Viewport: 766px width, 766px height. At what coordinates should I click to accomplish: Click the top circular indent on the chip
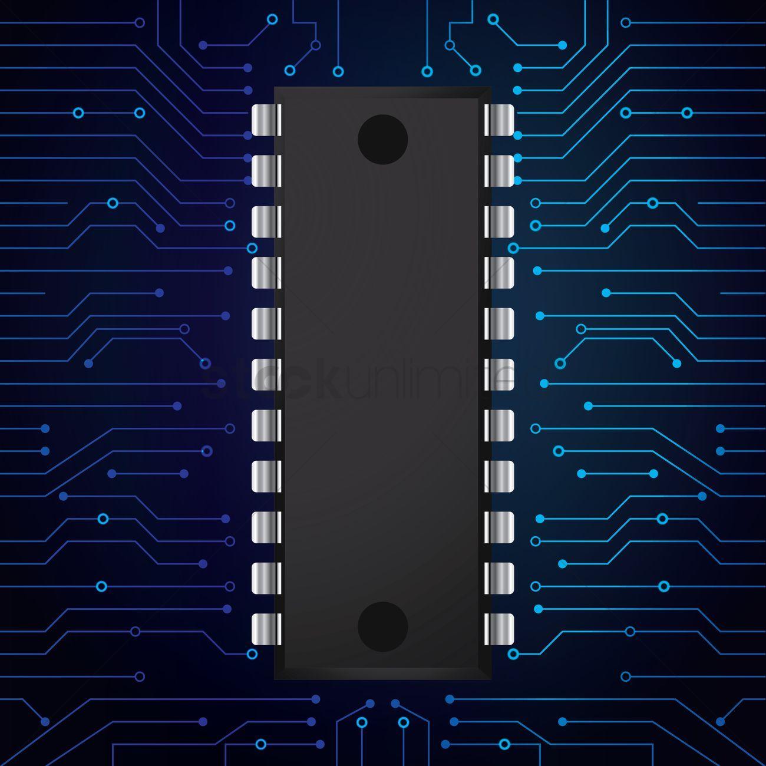coord(383,140)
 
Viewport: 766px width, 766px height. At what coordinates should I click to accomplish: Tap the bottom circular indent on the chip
coord(383,626)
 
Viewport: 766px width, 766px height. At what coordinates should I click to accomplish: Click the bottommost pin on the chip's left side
coord(266,629)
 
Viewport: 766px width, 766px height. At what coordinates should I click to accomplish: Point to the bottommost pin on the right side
coord(500,629)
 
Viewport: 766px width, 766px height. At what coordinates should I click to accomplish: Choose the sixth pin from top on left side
coord(266,374)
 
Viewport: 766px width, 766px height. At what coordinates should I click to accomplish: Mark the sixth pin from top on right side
coord(500,374)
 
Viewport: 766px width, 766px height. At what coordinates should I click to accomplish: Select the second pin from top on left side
coord(266,170)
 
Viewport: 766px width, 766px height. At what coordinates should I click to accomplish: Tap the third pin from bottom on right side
coord(500,527)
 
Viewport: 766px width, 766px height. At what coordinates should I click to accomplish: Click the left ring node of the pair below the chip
coord(362,722)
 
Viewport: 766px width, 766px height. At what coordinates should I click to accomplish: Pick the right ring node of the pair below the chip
coord(404,722)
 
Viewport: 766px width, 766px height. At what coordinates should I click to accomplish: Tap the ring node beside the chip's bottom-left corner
coord(252,653)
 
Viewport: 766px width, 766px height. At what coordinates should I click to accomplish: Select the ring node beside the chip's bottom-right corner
coord(513,653)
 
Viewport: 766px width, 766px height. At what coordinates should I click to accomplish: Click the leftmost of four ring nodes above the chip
coord(289,71)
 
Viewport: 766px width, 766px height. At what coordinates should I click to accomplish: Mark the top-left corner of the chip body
coord(276,88)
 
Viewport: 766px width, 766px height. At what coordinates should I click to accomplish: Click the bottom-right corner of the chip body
coord(490,679)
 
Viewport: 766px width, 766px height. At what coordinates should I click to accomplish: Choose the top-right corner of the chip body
coord(490,88)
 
